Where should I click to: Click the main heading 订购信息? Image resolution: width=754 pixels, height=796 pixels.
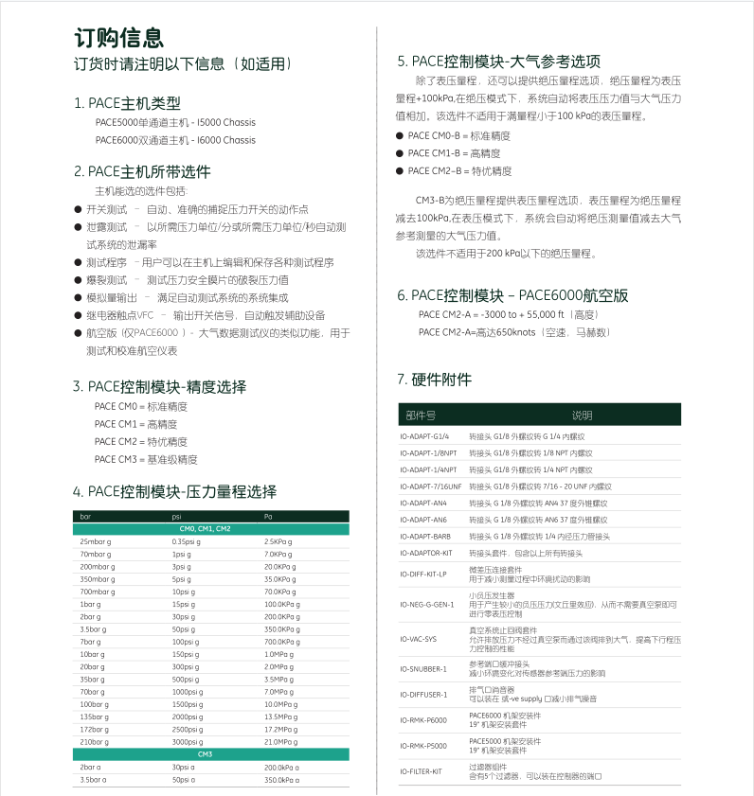point(119,37)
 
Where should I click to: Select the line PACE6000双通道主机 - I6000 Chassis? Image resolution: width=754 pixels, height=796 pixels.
point(175,140)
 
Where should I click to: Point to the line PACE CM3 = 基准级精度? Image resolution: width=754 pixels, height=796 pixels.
point(146,459)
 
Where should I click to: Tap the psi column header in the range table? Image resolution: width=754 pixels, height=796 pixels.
point(177,517)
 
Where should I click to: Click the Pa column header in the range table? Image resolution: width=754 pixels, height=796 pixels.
point(268,517)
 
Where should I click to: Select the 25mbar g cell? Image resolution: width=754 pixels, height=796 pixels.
point(97,541)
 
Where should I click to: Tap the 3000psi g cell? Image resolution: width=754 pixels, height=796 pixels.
point(188,742)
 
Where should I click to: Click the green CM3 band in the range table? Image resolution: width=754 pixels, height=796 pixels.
point(210,754)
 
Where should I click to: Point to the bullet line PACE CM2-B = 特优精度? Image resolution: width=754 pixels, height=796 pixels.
point(459,171)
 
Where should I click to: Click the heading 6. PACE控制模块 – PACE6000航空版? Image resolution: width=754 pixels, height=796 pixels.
point(512,295)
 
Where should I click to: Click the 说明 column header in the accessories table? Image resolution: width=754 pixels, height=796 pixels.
point(581,415)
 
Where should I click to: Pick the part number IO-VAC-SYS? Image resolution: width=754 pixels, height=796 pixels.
point(420,639)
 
